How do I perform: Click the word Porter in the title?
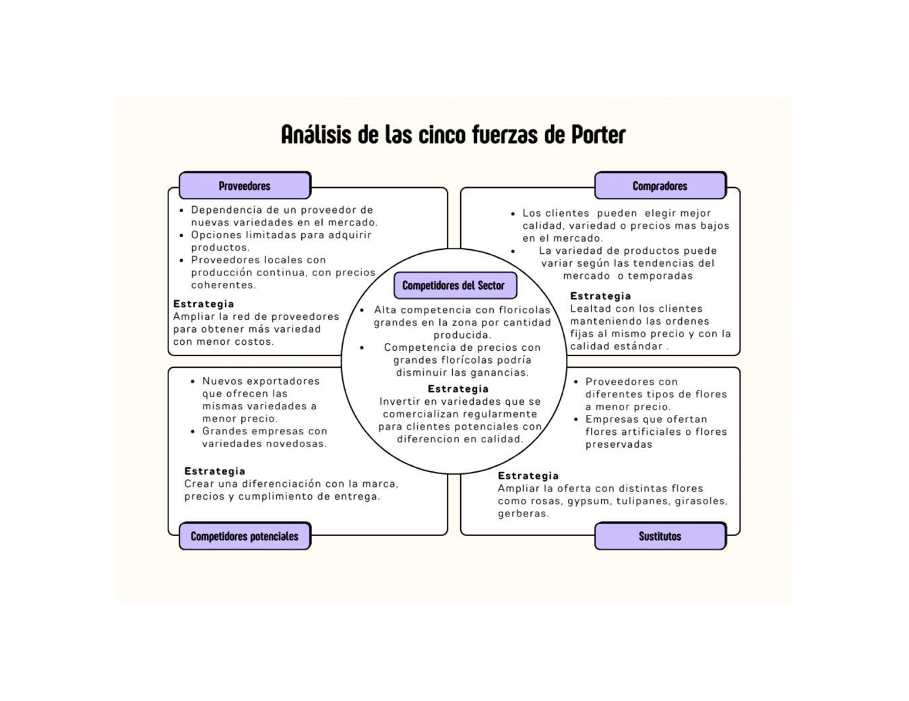coord(598,135)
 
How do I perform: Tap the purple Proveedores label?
coord(245,186)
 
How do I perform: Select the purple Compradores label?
coord(660,186)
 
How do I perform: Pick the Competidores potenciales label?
coord(245,537)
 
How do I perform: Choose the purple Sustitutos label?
coord(660,537)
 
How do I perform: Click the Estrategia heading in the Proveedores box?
coord(203,304)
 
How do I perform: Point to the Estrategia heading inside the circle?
coord(458,389)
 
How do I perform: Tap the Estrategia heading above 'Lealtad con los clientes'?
coord(600,296)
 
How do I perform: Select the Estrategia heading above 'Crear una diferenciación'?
coord(215,471)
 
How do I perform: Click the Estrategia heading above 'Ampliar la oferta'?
coord(528,475)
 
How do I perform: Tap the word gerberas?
coord(523,514)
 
